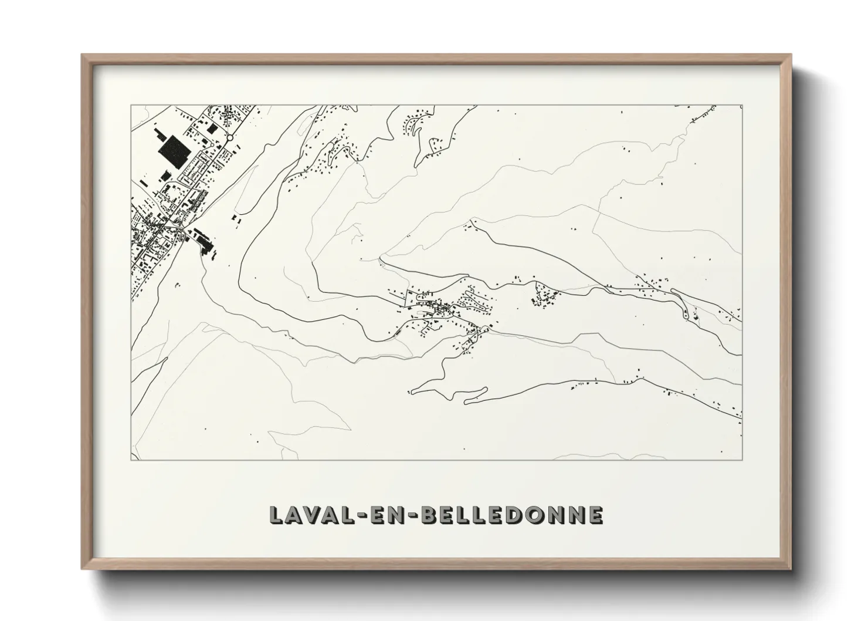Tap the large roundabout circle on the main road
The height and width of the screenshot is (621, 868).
pyautogui.click(x=230, y=138)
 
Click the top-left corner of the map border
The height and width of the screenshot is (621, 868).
pyautogui.click(x=131, y=106)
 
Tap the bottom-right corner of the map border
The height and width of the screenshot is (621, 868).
pyautogui.click(x=742, y=460)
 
